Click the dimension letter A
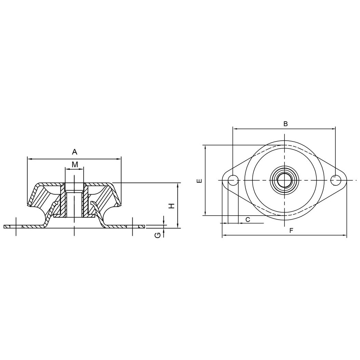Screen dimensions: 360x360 (74, 152)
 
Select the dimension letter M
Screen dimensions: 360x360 (75, 164)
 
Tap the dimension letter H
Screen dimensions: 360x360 (172, 206)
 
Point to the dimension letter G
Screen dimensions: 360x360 (157, 235)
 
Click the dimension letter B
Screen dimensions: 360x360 (286, 124)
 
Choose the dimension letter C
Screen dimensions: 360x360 (248, 220)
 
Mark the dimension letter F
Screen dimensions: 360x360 (291, 231)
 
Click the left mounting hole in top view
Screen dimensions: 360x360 (233, 180)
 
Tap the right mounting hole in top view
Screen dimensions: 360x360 (335, 180)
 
